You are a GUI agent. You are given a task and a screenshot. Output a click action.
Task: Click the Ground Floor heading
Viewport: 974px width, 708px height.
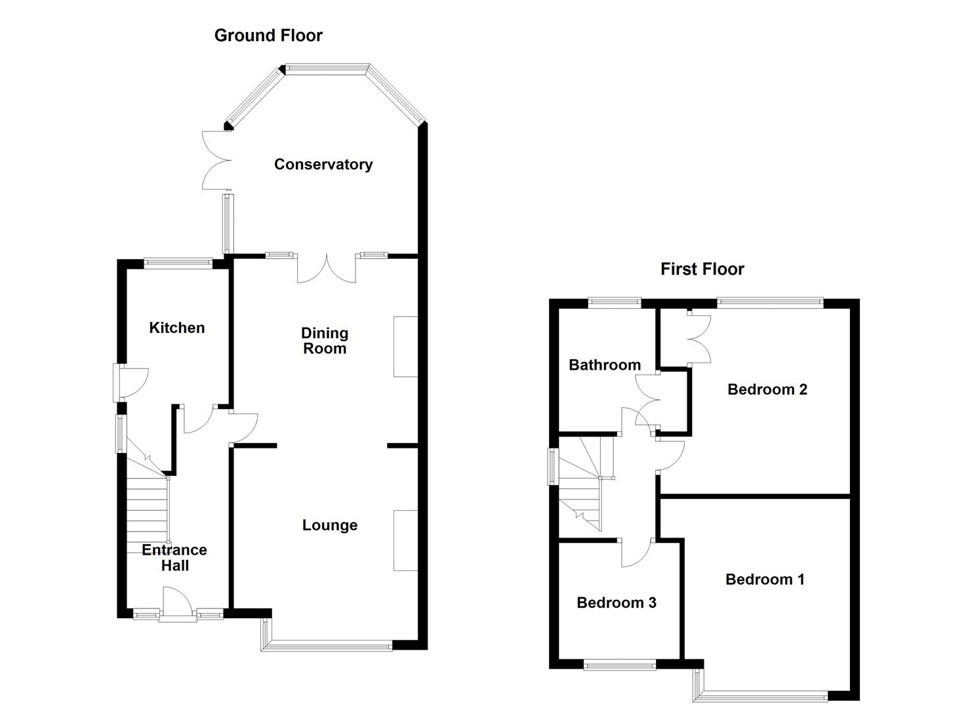[x=268, y=35]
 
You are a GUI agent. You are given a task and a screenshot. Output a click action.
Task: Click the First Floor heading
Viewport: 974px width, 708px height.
[x=702, y=269]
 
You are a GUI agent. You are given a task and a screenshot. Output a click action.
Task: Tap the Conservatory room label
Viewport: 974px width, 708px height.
[x=323, y=165]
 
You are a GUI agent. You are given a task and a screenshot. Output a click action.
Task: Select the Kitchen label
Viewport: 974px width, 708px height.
[x=176, y=328]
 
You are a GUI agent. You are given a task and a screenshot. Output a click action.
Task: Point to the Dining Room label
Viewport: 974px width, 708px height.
[x=324, y=341]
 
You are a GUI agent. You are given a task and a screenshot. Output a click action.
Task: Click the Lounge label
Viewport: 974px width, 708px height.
[x=329, y=525]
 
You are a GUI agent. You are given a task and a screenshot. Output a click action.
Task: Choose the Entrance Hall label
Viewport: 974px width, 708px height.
[x=174, y=557]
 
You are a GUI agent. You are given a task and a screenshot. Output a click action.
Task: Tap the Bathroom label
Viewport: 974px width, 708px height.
[x=604, y=365]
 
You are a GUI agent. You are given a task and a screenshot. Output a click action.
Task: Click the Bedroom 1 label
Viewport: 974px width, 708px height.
[x=764, y=580]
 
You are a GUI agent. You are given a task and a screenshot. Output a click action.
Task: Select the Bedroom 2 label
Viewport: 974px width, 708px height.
[x=767, y=389]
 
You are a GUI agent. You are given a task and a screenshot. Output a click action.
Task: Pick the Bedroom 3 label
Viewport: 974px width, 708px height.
[x=616, y=602]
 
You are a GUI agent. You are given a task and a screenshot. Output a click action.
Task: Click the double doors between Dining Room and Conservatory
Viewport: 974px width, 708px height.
[x=327, y=269]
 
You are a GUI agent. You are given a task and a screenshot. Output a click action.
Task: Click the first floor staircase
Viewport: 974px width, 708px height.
[x=584, y=485]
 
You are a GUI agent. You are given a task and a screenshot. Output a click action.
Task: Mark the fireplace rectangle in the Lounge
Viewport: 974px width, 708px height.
[x=405, y=540]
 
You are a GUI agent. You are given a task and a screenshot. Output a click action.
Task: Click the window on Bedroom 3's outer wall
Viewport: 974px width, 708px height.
[x=619, y=665]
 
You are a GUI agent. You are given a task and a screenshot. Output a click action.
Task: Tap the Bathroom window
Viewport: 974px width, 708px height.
[x=614, y=302]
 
